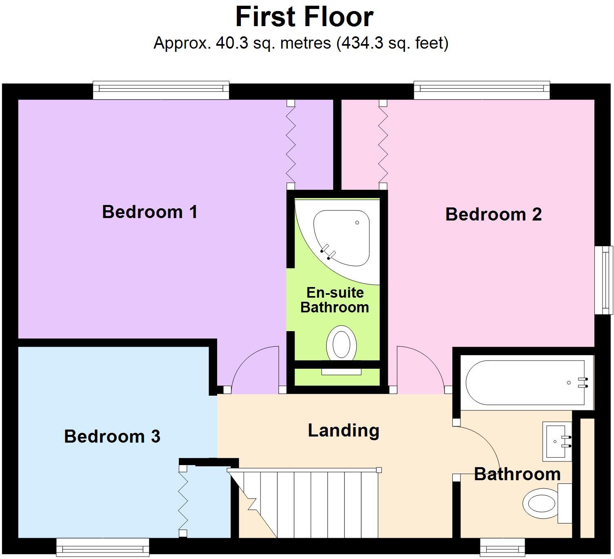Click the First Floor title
(x=304, y=17)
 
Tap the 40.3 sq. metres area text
(x=301, y=43)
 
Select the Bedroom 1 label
(x=149, y=212)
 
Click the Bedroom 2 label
(x=493, y=214)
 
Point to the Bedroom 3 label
(x=112, y=437)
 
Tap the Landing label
(x=343, y=431)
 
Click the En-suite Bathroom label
(x=335, y=300)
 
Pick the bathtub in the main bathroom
(x=527, y=383)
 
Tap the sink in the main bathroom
(x=557, y=441)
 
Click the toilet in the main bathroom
(x=543, y=503)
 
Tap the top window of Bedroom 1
(x=161, y=90)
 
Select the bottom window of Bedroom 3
(x=102, y=547)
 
